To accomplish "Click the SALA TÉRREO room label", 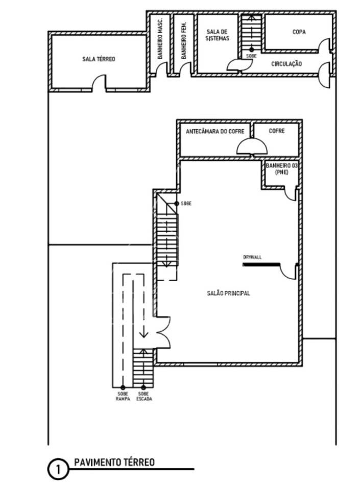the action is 99,59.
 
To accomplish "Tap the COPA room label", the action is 299,32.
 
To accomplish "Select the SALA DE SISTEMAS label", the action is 218,35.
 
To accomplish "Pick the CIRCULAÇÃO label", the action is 286,64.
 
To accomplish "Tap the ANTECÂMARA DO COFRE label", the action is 215,132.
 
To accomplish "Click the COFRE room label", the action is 277,131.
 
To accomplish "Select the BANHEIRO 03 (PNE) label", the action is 281,169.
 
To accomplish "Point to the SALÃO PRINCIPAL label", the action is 228,293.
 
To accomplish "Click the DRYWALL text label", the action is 252,257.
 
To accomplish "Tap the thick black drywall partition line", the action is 261,265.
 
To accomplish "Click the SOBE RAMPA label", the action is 123,396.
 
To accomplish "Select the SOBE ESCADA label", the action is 144,396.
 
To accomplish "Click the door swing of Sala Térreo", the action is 99,83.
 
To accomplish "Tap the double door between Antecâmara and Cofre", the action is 252,146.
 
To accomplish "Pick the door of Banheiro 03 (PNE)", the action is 291,193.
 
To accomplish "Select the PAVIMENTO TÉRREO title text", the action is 114,462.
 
